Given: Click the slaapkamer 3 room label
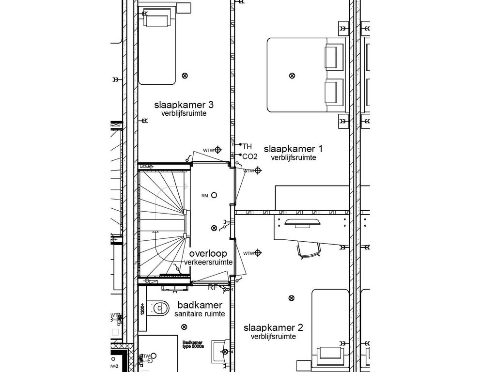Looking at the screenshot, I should click(184, 105).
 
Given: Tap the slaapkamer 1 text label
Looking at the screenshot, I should click(293, 148).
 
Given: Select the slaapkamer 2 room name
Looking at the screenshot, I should click(273, 327).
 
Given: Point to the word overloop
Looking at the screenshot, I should click(208, 254).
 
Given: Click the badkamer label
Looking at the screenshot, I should click(200, 305).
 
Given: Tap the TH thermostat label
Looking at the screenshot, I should click(247, 146).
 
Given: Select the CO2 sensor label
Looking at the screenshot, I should click(249, 156).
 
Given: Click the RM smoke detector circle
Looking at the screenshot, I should click(214, 195).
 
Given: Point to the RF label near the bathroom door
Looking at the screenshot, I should click(213, 288).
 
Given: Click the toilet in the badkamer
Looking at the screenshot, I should click(159, 308).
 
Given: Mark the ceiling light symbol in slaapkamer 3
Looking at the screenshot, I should click(184, 75).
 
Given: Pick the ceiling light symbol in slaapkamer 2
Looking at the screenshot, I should click(291, 298).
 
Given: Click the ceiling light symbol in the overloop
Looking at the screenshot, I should click(214, 228).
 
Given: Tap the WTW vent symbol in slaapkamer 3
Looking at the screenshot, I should click(218, 150).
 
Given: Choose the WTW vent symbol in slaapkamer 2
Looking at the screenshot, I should click(258, 252).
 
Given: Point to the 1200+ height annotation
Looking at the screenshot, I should click(143, 309).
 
